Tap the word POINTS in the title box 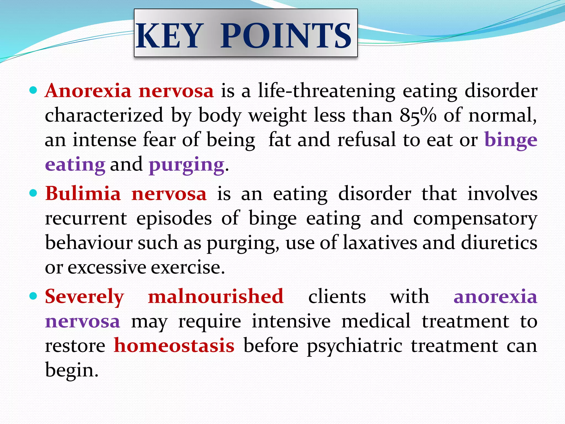coord(286,36)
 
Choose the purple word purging coord(186,165)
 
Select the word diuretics coord(499,243)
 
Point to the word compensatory coord(475,218)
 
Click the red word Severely coord(84,296)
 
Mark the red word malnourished coord(216,296)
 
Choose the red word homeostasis coord(174,345)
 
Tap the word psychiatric coord(355,346)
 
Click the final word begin coord(71,370)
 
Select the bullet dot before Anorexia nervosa coord(33,90)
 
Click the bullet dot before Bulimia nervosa coord(33,193)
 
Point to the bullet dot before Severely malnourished coord(33,296)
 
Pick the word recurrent coord(86,218)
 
